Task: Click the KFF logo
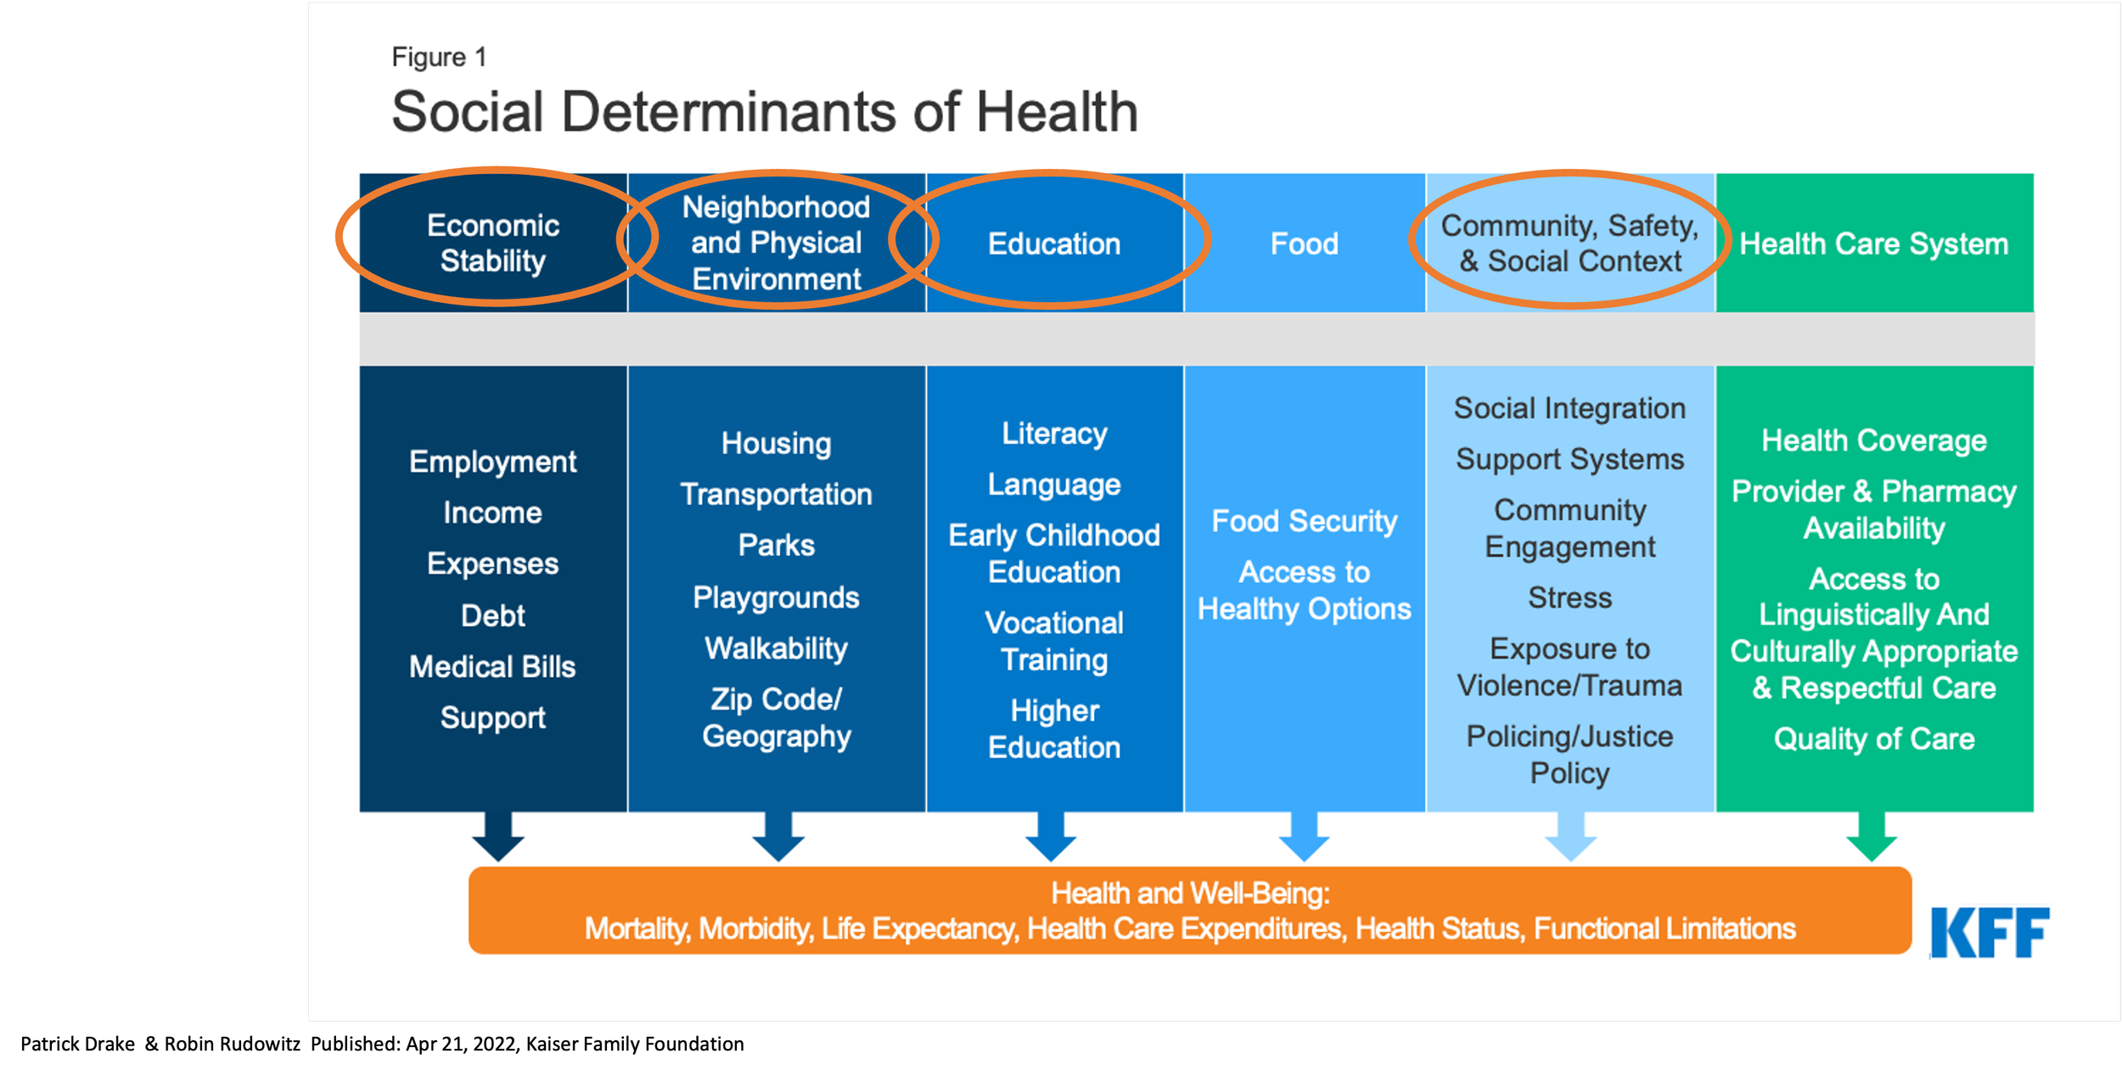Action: [1989, 933]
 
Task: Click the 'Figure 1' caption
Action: [439, 57]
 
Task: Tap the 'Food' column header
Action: [1304, 244]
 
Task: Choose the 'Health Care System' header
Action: [1873, 244]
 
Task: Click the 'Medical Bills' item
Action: [492, 667]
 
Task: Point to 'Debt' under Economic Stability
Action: [492, 616]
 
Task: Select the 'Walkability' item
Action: [776, 649]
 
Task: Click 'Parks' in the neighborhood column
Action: [776, 546]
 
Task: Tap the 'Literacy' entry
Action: [1054, 434]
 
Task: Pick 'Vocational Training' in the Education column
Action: [1054, 641]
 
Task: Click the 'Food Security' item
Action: [1304, 521]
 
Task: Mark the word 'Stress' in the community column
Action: [1569, 598]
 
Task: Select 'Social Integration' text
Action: [1569, 409]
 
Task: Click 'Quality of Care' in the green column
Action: [1873, 739]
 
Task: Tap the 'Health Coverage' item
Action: [1873, 441]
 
